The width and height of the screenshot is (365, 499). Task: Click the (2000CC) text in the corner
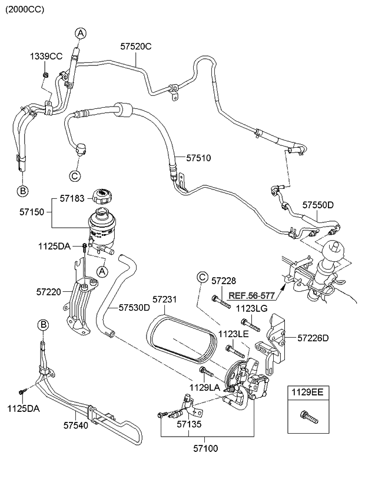pyautogui.click(x=25, y=9)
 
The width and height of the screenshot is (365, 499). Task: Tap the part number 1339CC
pyautogui.click(x=46, y=56)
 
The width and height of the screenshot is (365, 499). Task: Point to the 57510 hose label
pyautogui.click(x=198, y=158)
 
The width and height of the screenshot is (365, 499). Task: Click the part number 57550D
pyautogui.click(x=318, y=205)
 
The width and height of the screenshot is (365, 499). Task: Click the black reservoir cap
pyautogui.click(x=104, y=197)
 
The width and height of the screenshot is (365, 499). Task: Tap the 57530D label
pyautogui.click(x=134, y=308)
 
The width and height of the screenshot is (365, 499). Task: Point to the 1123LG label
pyautogui.click(x=251, y=307)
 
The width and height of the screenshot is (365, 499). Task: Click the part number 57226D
pyautogui.click(x=313, y=338)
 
